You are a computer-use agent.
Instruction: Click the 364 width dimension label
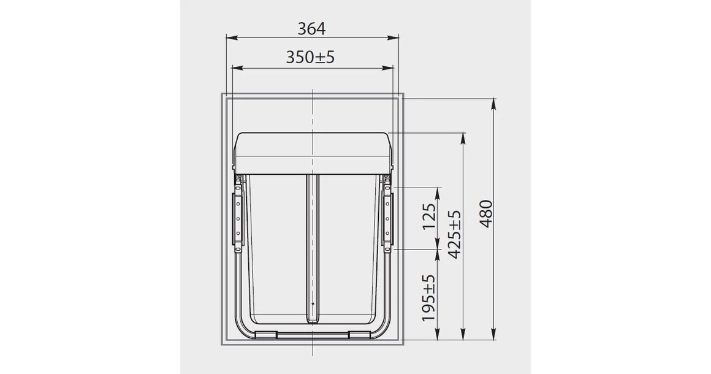click(x=311, y=28)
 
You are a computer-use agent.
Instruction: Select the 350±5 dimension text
click(x=311, y=57)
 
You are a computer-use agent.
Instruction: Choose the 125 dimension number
click(x=429, y=216)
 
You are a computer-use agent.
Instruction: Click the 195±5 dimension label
click(x=429, y=299)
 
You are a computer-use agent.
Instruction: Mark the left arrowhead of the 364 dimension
click(x=229, y=38)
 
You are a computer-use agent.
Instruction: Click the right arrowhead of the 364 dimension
click(x=397, y=38)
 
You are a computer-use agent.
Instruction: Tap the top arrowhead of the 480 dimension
click(x=494, y=102)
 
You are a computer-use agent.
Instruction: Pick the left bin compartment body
click(x=276, y=245)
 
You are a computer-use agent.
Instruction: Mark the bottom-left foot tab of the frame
click(x=265, y=335)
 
